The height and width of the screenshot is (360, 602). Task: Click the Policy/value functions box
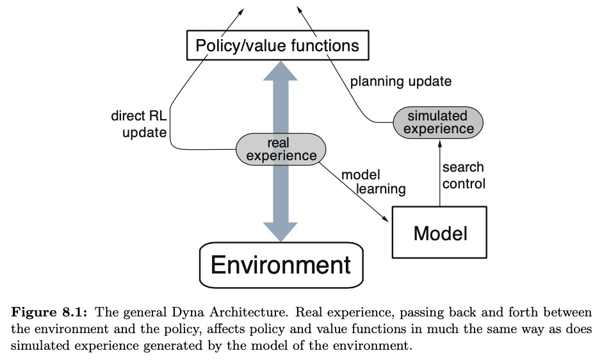click(277, 45)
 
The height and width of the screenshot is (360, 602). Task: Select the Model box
click(439, 232)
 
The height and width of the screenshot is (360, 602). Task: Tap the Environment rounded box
click(281, 265)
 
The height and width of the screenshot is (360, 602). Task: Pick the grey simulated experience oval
click(437, 122)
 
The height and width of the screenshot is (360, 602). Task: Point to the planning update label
click(401, 82)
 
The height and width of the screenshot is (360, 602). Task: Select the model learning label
click(373, 182)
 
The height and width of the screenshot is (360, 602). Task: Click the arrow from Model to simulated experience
click(439, 173)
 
